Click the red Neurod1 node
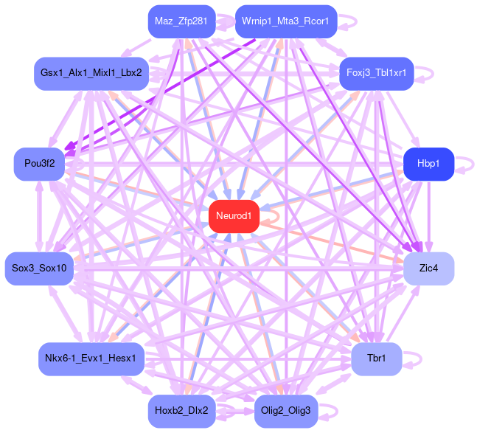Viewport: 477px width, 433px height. pyautogui.click(x=234, y=216)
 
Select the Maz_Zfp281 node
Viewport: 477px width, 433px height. pyautogui.click(x=181, y=22)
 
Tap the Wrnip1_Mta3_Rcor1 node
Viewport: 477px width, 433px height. pyautogui.click(x=286, y=22)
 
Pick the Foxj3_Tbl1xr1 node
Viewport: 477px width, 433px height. pyautogui.click(x=375, y=74)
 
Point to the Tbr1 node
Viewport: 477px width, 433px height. pyautogui.click(x=376, y=359)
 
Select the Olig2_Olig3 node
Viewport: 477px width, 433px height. pyautogui.click(x=286, y=410)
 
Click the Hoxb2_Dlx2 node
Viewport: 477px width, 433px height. pyautogui.click(x=181, y=410)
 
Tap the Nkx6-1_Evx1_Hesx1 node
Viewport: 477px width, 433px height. pyautogui.click(x=91, y=359)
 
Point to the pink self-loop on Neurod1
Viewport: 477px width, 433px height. pyautogui.click(x=274, y=216)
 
